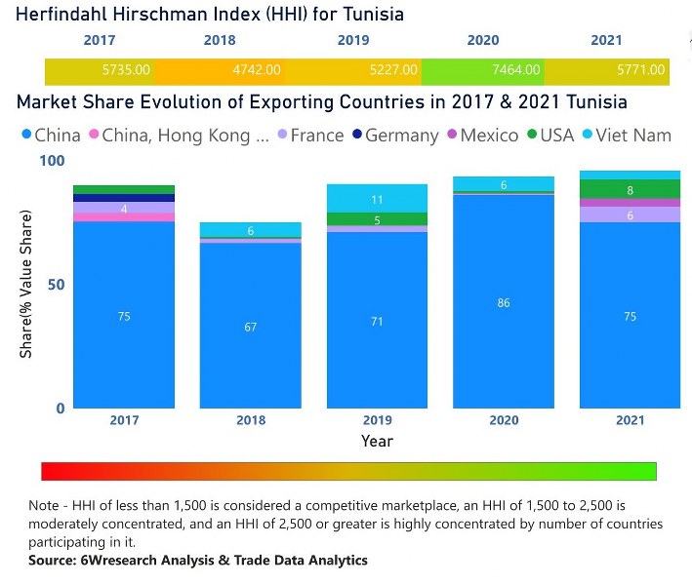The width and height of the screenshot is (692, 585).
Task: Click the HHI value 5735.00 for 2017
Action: point(127,70)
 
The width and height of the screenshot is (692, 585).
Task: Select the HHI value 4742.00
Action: point(257,70)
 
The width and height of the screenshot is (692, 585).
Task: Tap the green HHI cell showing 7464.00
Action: point(516,70)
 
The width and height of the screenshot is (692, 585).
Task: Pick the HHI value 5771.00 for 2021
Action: point(641,70)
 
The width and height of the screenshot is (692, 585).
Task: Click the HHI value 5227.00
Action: point(394,70)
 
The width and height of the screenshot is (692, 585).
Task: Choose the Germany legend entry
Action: point(401,136)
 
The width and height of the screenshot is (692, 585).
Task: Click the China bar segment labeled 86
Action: point(504,302)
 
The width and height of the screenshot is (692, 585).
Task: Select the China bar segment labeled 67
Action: point(251,326)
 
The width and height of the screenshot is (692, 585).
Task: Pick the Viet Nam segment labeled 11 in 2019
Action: point(378,198)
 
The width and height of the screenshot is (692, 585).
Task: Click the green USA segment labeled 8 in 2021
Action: point(630,190)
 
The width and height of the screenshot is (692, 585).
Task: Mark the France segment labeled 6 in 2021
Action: point(630,214)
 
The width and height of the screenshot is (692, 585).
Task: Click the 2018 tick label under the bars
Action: point(251,420)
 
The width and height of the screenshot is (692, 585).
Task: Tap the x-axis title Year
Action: point(377,441)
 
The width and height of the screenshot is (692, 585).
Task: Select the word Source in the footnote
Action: point(57,560)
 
